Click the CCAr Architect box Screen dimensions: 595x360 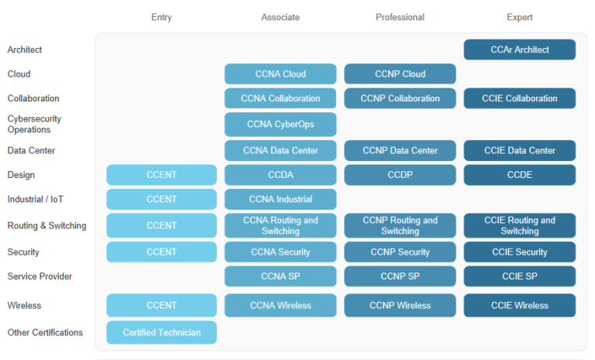[x=520, y=50]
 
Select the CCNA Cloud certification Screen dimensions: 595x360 [x=280, y=74]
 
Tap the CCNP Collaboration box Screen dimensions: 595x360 [x=400, y=98]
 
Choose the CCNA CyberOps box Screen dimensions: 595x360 [x=280, y=125]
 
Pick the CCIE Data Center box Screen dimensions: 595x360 [x=520, y=151]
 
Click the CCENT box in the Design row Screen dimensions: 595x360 [x=162, y=175]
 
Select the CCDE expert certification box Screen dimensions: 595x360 [x=520, y=175]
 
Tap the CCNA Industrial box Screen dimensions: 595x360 [x=280, y=199]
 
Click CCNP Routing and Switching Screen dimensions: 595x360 [x=400, y=226]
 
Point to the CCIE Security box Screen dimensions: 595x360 [x=520, y=252]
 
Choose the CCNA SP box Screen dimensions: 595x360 [x=280, y=276]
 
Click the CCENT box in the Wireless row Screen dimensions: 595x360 [x=162, y=305]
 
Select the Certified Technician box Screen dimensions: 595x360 [x=162, y=332]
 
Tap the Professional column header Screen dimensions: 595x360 [x=400, y=18]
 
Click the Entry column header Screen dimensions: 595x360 [x=162, y=18]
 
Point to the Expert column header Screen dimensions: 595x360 [x=520, y=18]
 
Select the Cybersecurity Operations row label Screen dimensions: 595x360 [x=34, y=124]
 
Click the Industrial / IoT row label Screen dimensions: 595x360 [x=36, y=199]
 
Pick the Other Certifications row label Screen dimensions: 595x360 [x=45, y=332]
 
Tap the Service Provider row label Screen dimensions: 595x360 [x=40, y=276]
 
